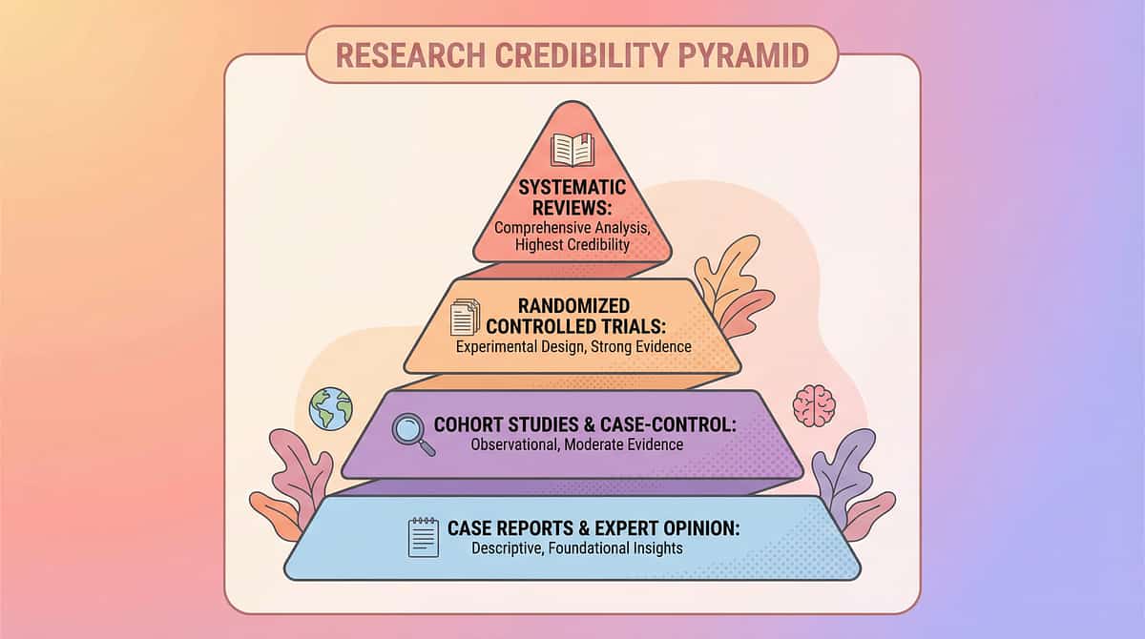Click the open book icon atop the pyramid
point(572,151)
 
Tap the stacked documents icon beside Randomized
point(465,317)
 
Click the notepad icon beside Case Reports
point(423,537)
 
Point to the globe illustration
point(331,408)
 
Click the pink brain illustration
point(814,405)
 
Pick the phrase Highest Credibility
point(572,246)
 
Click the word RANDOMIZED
point(572,306)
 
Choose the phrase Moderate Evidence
point(632,444)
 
